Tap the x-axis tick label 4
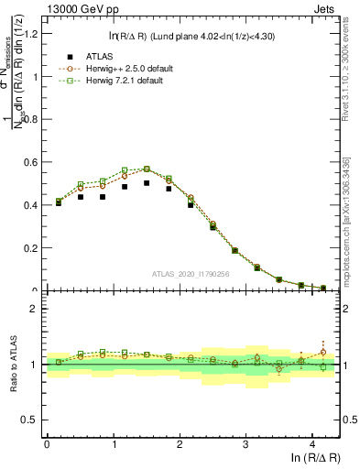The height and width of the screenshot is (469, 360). (312, 444)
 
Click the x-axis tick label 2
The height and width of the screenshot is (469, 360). (180, 444)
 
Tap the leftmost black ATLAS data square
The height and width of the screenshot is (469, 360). (58, 202)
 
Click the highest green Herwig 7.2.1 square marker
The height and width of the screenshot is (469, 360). (147, 169)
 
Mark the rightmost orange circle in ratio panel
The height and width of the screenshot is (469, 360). (322, 352)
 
